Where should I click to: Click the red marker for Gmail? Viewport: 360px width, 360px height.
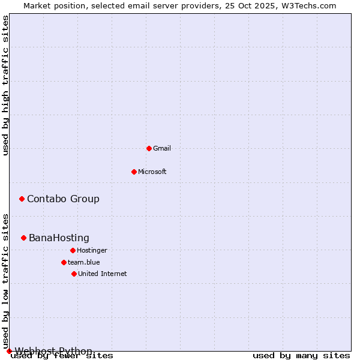click(x=149, y=148)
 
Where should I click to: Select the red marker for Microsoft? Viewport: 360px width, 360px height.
click(x=134, y=172)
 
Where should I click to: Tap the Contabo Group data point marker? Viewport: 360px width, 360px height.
click(x=22, y=199)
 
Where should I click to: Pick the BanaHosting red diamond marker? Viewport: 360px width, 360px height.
click(x=23, y=238)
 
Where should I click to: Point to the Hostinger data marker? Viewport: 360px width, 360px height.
click(x=73, y=250)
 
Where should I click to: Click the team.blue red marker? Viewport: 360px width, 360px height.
click(x=64, y=262)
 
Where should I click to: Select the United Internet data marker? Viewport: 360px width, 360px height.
click(x=74, y=274)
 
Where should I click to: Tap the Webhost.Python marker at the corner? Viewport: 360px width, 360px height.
click(x=9, y=351)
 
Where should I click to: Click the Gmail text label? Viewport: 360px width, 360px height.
click(x=162, y=148)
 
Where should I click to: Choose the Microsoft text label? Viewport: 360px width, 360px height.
click(x=152, y=172)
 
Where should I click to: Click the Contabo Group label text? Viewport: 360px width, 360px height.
click(x=63, y=199)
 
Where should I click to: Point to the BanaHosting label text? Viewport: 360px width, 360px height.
click(x=59, y=238)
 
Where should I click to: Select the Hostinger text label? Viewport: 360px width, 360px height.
click(x=92, y=250)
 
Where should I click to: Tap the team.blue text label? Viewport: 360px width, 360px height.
click(x=84, y=262)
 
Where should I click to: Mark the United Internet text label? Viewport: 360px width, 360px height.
click(x=103, y=274)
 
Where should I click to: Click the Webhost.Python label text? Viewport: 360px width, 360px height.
click(x=53, y=351)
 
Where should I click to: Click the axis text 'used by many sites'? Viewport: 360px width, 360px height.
click(x=301, y=356)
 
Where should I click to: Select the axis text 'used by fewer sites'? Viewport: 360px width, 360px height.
click(x=62, y=356)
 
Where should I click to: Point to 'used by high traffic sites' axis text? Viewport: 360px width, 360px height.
click(x=6, y=85)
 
